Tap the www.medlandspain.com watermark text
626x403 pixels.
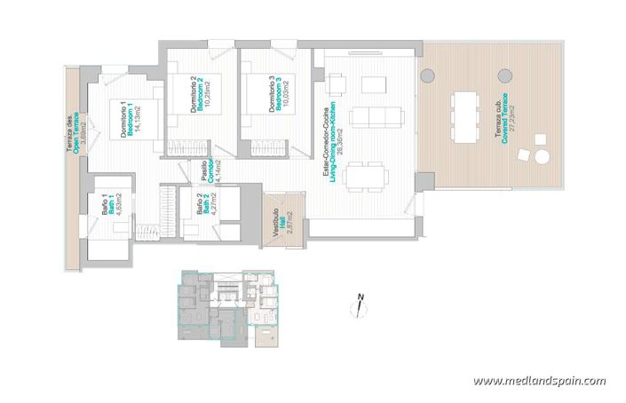click(x=539, y=381)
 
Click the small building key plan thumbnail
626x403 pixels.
click(x=229, y=305)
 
